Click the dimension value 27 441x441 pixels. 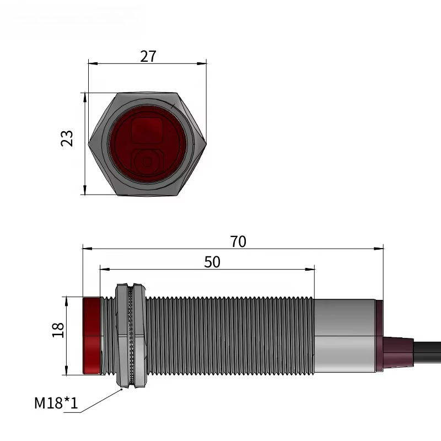point(148,56)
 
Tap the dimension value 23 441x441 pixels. point(67,138)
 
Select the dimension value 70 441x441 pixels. point(238,241)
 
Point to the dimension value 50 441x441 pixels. point(212,262)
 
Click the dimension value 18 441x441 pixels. point(58,330)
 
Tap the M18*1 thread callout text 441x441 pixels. point(56,403)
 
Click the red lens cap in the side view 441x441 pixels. point(92,336)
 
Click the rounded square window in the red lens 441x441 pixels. point(147,131)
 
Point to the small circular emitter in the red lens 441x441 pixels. point(147,162)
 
